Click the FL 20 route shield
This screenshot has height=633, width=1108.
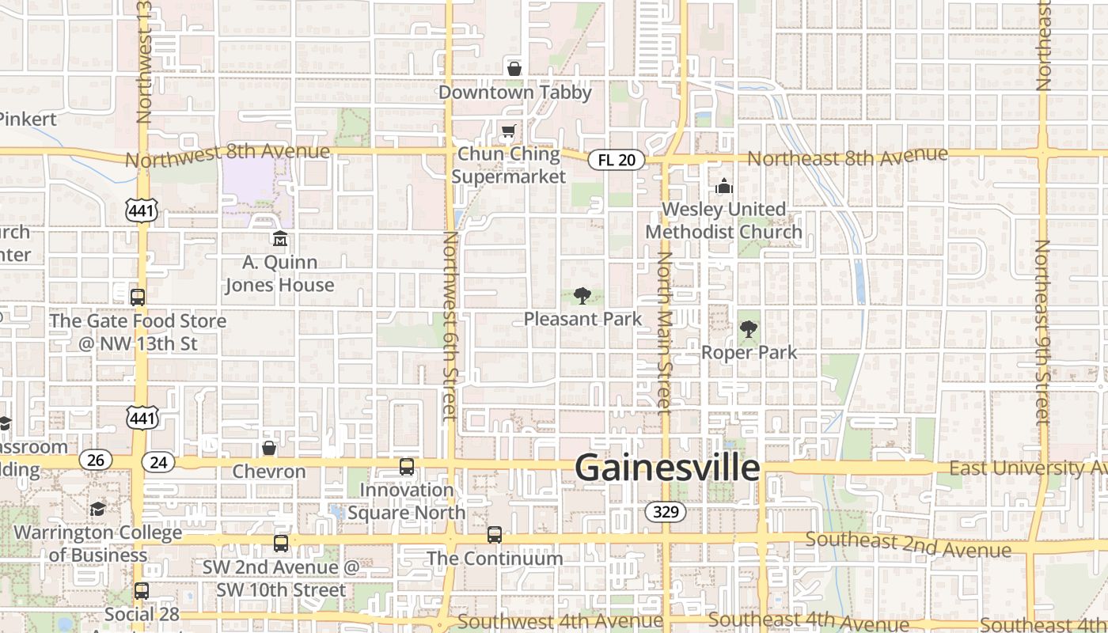[617, 160]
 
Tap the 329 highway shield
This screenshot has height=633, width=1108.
[666, 512]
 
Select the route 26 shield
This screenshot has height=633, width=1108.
[95, 460]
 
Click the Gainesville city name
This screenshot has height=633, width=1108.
[667, 468]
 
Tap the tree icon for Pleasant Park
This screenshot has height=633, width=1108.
[582, 297]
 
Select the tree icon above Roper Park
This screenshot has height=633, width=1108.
[748, 329]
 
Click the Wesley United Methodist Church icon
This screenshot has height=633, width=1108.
[723, 187]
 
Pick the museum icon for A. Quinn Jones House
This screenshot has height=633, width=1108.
[279, 238]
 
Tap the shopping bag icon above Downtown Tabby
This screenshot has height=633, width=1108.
[514, 69]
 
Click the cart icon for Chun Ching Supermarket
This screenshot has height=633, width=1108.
[507, 131]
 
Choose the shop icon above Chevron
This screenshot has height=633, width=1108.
[269, 449]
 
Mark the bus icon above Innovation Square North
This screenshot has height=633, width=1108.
[406, 467]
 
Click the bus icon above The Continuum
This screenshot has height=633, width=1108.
[495, 535]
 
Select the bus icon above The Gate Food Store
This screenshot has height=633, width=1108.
[138, 298]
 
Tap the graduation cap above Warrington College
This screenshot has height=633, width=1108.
[97, 509]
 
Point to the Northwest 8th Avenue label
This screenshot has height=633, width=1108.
[227, 154]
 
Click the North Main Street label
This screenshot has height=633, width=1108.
[664, 332]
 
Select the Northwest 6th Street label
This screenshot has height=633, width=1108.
[450, 324]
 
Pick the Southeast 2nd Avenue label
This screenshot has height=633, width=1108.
[908, 544]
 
